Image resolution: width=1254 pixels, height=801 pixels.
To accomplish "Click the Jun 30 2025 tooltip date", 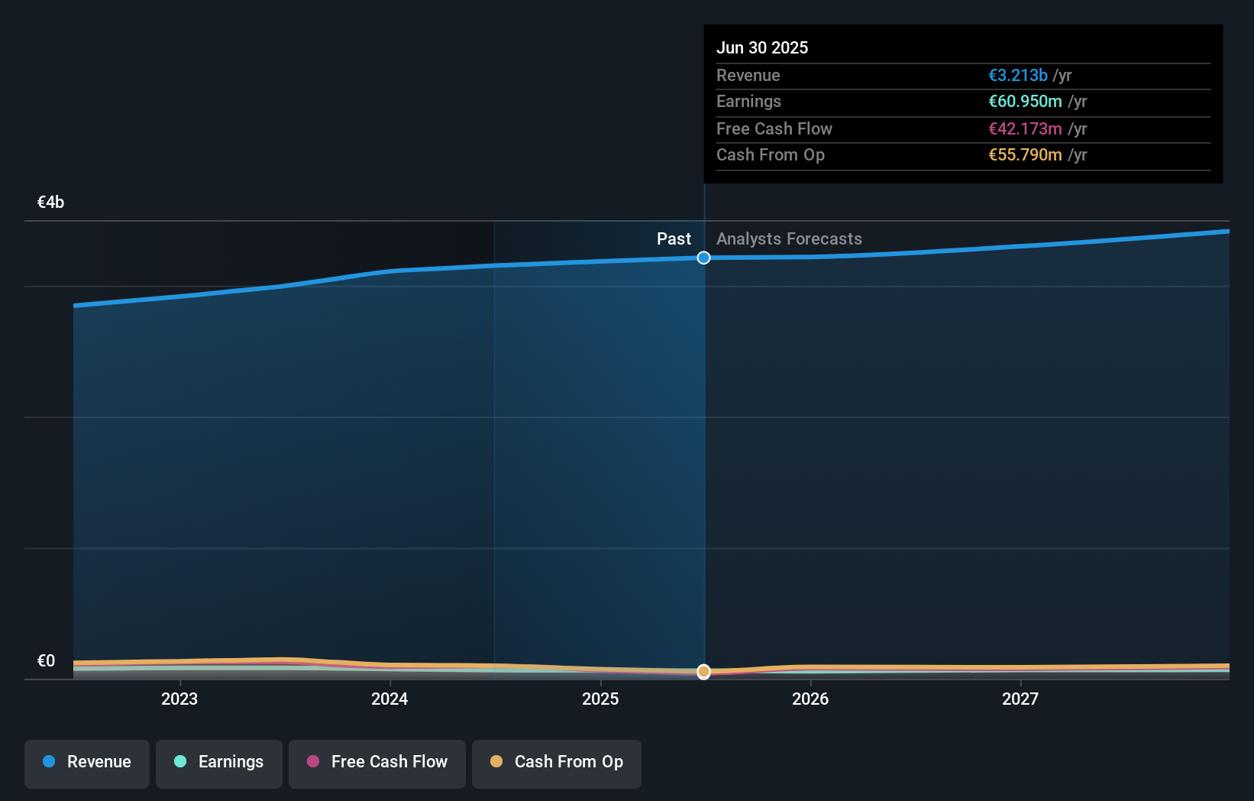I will pyautogui.click(x=761, y=47).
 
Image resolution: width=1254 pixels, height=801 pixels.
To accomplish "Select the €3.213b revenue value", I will pyautogui.click(x=1017, y=75).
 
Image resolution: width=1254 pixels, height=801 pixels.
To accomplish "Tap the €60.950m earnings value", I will pyautogui.click(x=1024, y=101).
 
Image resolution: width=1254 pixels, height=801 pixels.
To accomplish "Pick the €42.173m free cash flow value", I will pyautogui.click(x=1024, y=128).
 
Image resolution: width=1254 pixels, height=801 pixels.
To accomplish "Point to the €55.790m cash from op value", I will pyautogui.click(x=1024, y=154).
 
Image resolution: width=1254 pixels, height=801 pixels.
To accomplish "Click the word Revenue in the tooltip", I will pyautogui.click(x=748, y=75).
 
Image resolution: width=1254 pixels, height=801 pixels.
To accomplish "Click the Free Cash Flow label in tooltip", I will pyautogui.click(x=774, y=128).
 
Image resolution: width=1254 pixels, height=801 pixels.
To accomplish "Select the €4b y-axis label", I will pyautogui.click(x=50, y=202).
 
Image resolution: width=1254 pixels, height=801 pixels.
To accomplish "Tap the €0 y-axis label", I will pyautogui.click(x=46, y=660).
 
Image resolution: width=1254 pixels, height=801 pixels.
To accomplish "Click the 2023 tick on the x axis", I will pyautogui.click(x=179, y=699).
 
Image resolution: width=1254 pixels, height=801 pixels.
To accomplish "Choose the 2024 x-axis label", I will pyautogui.click(x=389, y=699).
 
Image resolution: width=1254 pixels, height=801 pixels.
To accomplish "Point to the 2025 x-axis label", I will pyautogui.click(x=600, y=699).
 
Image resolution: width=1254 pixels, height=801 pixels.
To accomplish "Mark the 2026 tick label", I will pyautogui.click(x=810, y=699).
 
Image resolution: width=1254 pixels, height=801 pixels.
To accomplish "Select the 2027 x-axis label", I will pyautogui.click(x=1020, y=699).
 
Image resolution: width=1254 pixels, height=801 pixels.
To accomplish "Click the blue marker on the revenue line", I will pyautogui.click(x=703, y=258).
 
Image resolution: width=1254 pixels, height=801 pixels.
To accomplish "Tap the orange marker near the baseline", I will pyautogui.click(x=703, y=671).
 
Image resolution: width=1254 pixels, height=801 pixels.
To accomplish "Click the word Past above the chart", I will pyautogui.click(x=674, y=238).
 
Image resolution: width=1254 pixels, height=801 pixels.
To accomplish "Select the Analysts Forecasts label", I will pyautogui.click(x=789, y=238).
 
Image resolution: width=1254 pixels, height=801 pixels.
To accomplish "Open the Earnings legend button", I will pyautogui.click(x=219, y=763).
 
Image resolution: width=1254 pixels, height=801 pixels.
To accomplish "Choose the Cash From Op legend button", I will pyautogui.click(x=557, y=763).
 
